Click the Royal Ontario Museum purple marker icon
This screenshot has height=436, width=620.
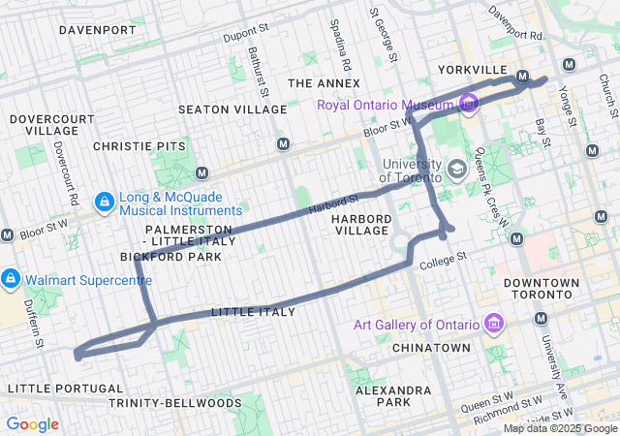click(470, 102)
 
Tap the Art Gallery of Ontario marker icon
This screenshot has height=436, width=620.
click(492, 323)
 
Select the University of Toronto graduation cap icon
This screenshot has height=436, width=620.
click(456, 171)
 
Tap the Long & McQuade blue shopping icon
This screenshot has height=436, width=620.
click(104, 202)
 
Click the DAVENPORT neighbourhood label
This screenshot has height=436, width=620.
click(97, 30)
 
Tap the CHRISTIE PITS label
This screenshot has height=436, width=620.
click(139, 145)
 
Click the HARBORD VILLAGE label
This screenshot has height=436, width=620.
click(362, 226)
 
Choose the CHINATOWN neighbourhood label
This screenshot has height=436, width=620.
click(431, 347)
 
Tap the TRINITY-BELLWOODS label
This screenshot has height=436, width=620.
click(175, 401)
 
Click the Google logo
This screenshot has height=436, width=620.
click(32, 424)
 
